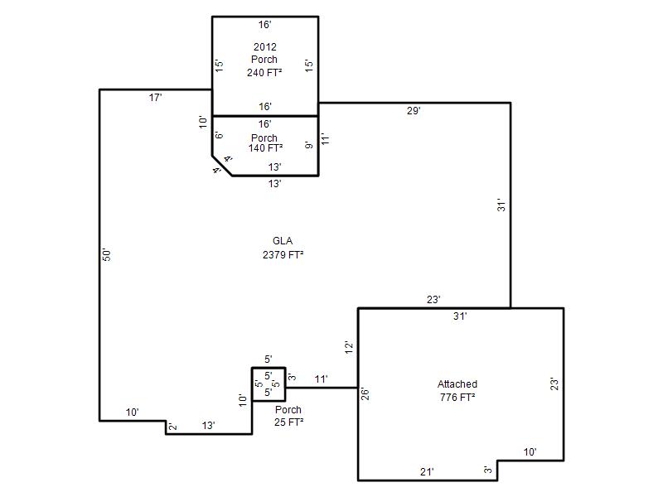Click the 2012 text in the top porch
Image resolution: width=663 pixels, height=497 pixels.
tap(265, 46)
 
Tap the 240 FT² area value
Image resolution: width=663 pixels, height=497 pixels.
tap(264, 72)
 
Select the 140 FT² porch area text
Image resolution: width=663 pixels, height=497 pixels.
tap(265, 148)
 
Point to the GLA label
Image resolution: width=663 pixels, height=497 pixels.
tap(283, 241)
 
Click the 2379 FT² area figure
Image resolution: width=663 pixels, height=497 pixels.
tap(283, 255)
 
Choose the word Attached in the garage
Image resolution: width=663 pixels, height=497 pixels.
tap(457, 384)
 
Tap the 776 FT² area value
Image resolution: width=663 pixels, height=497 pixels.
tap(457, 398)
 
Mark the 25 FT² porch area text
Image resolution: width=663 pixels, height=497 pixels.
tap(288, 422)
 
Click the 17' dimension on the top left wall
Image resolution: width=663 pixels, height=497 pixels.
tap(155, 98)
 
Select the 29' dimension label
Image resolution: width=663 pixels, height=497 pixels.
tap(414, 111)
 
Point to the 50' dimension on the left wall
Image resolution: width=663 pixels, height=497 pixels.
tap(107, 254)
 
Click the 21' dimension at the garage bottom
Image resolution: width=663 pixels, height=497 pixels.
tap(427, 471)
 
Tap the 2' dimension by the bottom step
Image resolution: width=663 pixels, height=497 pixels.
tap(172, 427)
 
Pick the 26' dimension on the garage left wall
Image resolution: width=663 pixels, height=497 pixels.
tap(365, 394)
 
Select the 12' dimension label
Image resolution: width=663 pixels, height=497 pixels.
tap(349, 347)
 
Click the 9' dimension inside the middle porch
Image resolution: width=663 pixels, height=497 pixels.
tap(309, 144)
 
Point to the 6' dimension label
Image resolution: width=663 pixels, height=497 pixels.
tap(219, 135)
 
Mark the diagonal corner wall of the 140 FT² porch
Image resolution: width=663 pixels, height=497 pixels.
tap(222, 166)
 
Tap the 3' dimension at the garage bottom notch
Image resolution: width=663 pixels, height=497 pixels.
tap(488, 470)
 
